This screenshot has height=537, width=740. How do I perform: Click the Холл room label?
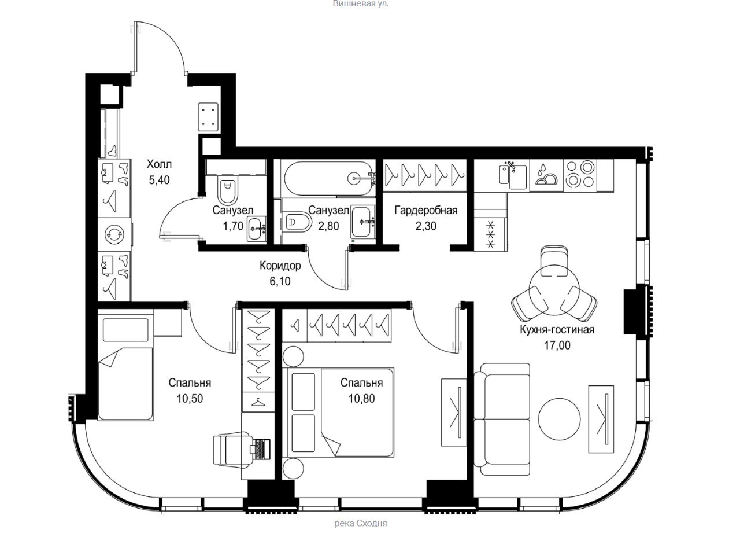159,164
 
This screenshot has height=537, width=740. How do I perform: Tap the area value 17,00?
557,345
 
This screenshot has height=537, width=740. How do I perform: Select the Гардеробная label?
426,210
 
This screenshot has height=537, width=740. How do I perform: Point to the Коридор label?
280,266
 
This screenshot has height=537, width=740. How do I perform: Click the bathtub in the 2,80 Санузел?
329,179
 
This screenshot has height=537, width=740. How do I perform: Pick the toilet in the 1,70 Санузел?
228,190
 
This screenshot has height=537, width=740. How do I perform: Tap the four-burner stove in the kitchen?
580,175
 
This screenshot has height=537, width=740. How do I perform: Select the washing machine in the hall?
114,234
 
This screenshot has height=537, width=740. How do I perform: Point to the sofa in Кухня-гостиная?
502,419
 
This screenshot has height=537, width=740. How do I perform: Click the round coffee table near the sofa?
559,419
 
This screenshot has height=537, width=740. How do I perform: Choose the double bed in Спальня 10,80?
341,413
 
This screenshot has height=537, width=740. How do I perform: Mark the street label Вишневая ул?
360,4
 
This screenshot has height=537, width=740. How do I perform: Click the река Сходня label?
361,524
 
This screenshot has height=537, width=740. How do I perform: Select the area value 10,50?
190,399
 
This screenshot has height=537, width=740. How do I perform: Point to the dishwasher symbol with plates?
546,175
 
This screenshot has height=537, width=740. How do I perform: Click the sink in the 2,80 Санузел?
362,221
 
